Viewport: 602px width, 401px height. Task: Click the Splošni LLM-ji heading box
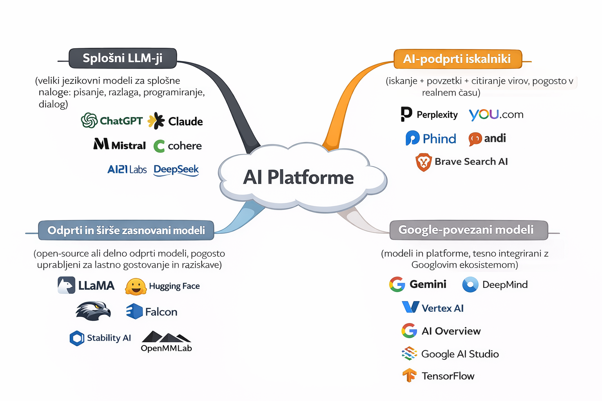click(x=123, y=58)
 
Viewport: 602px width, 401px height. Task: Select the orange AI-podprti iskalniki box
click(x=457, y=59)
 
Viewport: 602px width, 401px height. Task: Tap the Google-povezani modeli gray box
click(x=468, y=230)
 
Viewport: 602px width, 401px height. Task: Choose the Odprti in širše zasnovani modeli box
click(x=126, y=230)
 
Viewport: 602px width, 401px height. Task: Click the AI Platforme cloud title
click(x=299, y=177)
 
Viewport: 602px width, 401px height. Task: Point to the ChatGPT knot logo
click(x=89, y=120)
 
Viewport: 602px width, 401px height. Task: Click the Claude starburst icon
click(x=156, y=121)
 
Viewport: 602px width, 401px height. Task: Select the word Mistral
click(x=129, y=146)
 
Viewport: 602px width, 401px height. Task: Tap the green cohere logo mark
click(x=159, y=146)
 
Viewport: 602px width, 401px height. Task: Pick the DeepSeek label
click(x=176, y=170)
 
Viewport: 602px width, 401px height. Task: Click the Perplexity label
click(x=437, y=115)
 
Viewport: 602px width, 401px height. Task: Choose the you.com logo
click(x=496, y=114)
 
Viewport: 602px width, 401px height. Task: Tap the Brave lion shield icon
click(x=424, y=162)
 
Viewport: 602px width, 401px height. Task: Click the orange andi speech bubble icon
click(x=475, y=139)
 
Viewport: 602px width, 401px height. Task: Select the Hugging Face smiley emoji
click(x=136, y=287)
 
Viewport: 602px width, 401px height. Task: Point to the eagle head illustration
click(x=93, y=311)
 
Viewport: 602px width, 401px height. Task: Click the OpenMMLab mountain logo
click(x=166, y=337)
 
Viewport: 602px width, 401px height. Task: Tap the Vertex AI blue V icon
click(x=410, y=307)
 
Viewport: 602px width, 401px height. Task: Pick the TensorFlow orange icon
click(x=410, y=375)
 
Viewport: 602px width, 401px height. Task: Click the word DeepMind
click(x=505, y=285)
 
